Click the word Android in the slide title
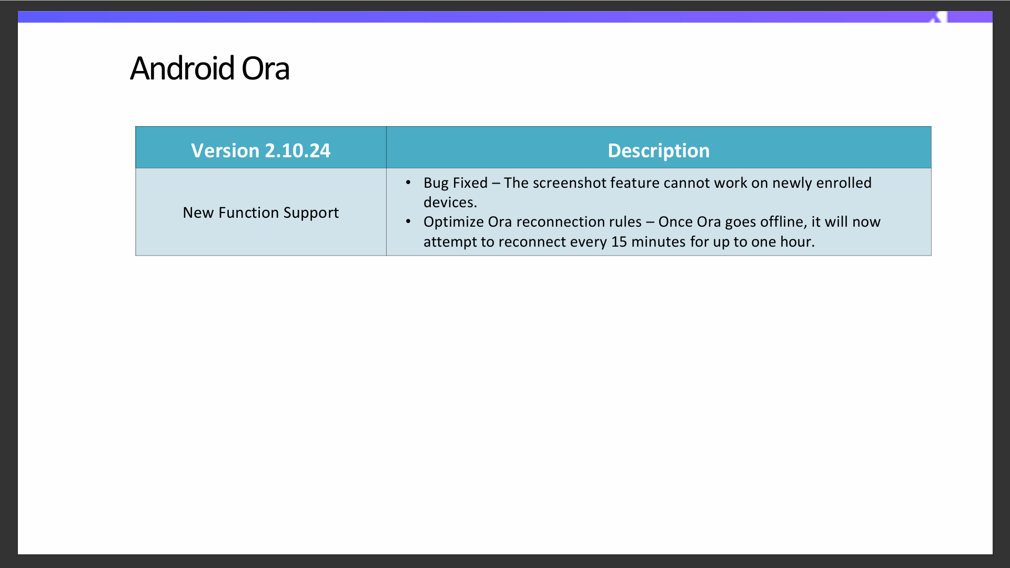pos(182,68)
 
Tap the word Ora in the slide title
pos(266,68)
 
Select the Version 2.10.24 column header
pos(261,150)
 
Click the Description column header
pos(659,150)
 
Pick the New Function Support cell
pos(261,212)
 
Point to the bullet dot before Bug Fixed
pos(408,182)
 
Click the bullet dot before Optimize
pos(408,221)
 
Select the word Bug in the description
pos(436,183)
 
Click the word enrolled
pos(844,182)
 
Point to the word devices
pos(450,202)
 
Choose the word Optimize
pos(453,222)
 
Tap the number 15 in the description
pos(619,242)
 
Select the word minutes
pos(659,242)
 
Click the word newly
pos(792,183)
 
